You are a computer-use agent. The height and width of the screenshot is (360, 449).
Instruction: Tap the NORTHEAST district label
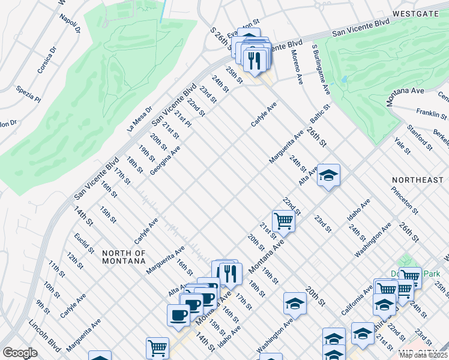[x=417, y=180]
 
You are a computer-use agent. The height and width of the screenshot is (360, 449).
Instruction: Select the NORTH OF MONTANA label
[x=123, y=257]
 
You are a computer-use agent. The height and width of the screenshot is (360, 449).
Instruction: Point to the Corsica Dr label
[x=46, y=62]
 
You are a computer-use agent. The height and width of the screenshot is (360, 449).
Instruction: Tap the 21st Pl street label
[x=183, y=119]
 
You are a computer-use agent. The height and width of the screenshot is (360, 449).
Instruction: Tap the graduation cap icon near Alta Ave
[x=328, y=175]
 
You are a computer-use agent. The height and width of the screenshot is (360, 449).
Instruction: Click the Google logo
[x=20, y=352]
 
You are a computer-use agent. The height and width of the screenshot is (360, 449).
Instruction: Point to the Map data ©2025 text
[x=423, y=355]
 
